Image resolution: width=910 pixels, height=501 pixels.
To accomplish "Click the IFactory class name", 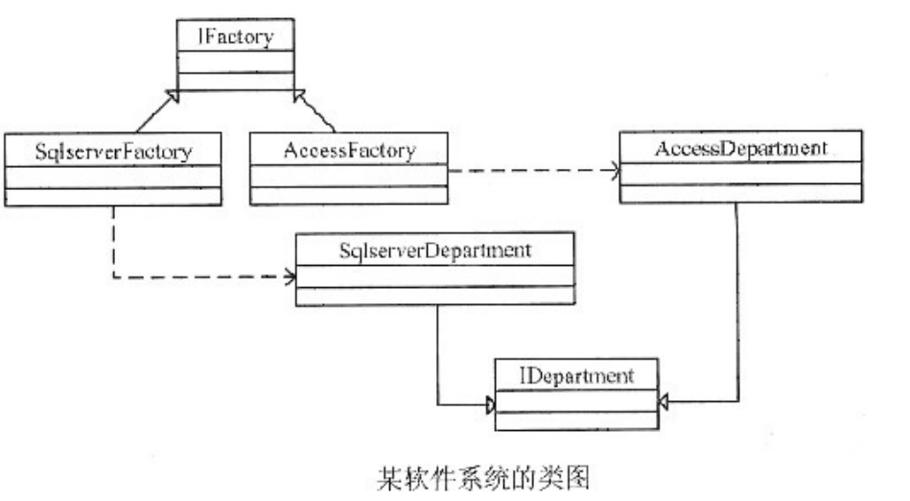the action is [235, 36].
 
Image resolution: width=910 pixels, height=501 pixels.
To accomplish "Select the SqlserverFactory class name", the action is [113, 152].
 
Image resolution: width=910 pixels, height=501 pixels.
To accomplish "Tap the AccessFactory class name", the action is [349, 151].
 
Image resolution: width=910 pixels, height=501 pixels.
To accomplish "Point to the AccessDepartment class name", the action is [741, 148].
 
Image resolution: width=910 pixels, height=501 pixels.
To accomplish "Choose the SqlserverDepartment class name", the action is [435, 250].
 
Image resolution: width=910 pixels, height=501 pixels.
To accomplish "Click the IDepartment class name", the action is [576, 376].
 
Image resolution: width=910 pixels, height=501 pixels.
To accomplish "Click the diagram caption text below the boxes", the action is [483, 478].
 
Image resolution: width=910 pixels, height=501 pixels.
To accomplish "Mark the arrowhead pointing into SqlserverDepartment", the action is [291, 276].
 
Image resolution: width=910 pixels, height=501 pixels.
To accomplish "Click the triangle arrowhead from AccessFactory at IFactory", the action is [299, 96].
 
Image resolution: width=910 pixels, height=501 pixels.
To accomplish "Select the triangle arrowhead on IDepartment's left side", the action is [490, 404].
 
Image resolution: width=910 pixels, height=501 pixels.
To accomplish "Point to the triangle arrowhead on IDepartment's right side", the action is [664, 401].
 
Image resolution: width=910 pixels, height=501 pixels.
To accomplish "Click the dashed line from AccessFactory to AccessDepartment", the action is [534, 171].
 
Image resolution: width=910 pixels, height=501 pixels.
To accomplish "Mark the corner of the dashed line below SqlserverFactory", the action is [114, 277].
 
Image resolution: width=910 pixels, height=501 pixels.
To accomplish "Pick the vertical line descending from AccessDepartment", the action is [737, 301].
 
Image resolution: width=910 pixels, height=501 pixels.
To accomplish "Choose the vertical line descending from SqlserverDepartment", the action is [437, 354].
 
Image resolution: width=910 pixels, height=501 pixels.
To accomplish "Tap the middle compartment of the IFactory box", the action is [236, 61].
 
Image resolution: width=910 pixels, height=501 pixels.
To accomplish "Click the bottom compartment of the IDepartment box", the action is [577, 420].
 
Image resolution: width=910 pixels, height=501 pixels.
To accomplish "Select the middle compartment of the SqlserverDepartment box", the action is [435, 276].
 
